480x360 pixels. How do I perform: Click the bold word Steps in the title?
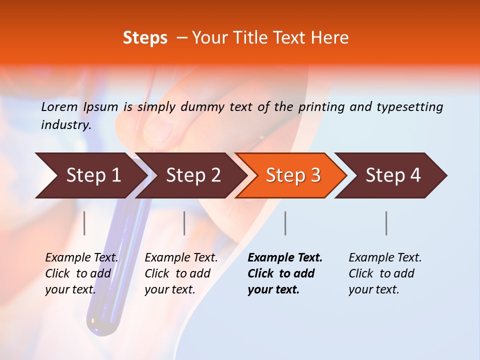(145, 38)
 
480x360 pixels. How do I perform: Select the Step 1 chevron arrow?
(90, 175)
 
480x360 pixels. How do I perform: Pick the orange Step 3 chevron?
(291, 175)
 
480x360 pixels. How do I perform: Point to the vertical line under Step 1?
(84, 223)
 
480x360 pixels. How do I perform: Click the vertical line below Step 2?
(184, 223)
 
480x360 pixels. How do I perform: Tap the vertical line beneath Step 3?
(285, 223)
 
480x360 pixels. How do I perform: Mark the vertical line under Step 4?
(386, 223)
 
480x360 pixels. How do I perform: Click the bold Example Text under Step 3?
(285, 258)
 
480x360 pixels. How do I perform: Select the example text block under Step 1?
(81, 273)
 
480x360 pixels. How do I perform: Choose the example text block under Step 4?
(385, 273)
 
